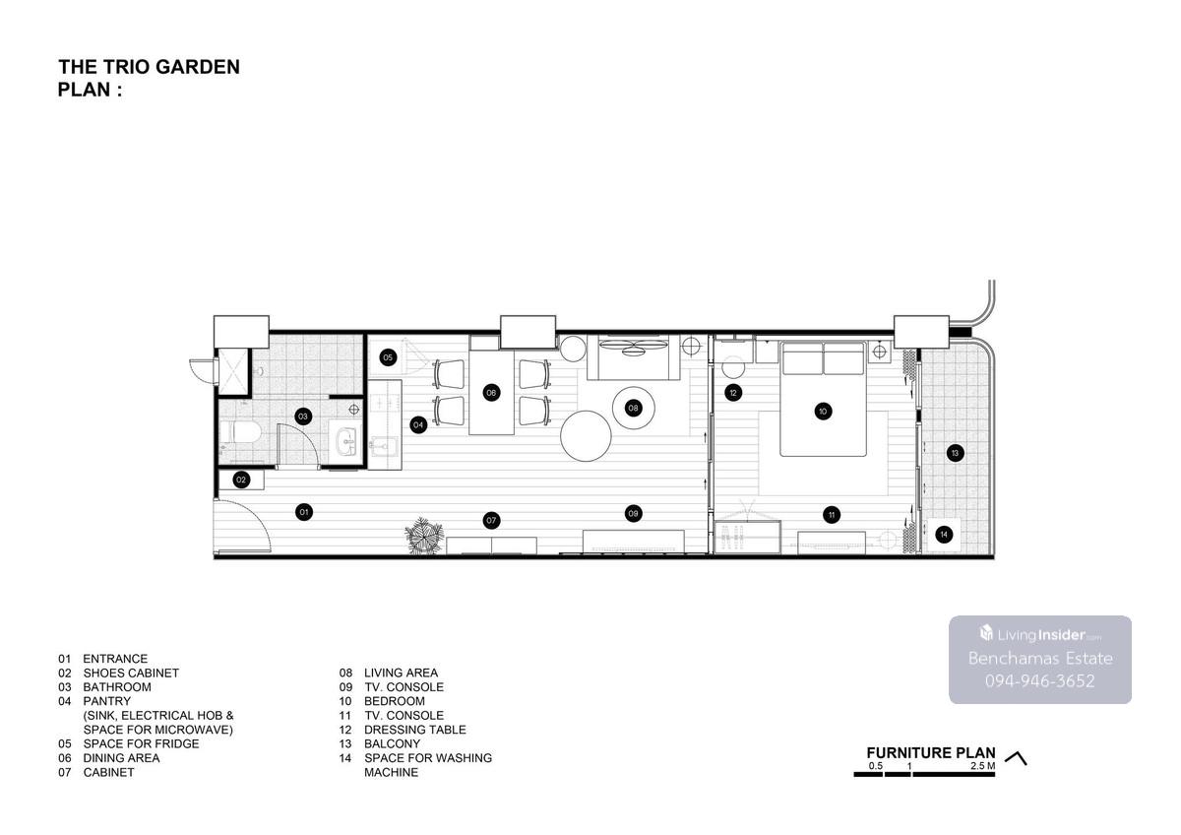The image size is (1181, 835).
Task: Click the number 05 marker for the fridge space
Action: [x=388, y=357]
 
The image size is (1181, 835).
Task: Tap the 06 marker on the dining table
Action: [x=491, y=393]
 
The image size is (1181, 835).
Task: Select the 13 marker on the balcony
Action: [x=955, y=453]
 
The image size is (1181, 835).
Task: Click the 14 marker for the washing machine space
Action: [x=944, y=535]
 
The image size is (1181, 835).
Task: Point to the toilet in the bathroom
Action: [x=240, y=432]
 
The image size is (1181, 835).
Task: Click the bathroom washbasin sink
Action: [x=346, y=439]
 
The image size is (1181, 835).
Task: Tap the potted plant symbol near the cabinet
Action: [x=424, y=536]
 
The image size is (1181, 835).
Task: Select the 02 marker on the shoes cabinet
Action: [x=241, y=480]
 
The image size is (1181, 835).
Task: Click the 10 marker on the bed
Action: [x=823, y=412]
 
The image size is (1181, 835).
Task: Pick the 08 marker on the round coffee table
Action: [x=633, y=408]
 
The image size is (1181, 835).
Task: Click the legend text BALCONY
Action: [x=392, y=743]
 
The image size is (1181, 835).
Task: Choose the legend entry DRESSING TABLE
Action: [x=415, y=730]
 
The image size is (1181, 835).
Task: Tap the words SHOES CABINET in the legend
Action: [x=131, y=674]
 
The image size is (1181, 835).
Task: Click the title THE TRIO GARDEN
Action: [x=149, y=67]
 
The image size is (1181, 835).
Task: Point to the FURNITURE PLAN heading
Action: [x=931, y=752]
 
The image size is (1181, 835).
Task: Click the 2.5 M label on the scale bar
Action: [x=983, y=766]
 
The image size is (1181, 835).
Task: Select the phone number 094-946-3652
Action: [x=1039, y=681]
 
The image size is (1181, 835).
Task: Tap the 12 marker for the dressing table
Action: [x=733, y=393]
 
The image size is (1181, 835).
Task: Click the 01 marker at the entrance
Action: [x=304, y=512]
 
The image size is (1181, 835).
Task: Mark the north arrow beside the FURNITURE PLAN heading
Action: [x=1016, y=758]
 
